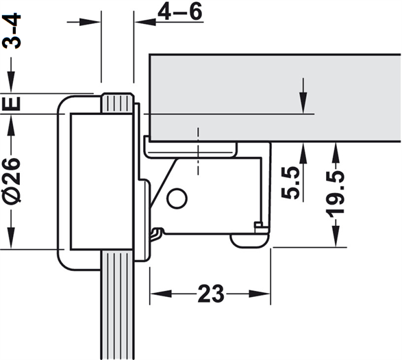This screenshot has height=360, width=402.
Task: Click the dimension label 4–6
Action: [180, 12]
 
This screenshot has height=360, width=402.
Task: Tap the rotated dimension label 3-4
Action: [12, 31]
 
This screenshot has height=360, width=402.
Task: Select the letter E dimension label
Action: [12, 103]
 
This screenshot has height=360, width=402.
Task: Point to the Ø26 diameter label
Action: [12, 180]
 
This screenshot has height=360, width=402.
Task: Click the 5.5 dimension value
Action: [290, 183]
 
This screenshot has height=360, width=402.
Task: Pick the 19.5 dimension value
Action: [335, 194]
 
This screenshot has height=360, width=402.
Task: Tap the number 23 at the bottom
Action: [211, 294]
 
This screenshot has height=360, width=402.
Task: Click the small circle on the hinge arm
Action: [177, 198]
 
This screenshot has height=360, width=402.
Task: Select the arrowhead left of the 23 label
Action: [161, 294]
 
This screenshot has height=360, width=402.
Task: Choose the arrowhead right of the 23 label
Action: [260, 294]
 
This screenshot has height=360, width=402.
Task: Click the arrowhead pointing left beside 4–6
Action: [146, 22]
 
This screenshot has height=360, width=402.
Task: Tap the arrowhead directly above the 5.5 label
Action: [303, 153]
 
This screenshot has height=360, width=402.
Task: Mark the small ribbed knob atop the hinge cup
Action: [118, 103]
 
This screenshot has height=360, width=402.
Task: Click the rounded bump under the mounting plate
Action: [249, 241]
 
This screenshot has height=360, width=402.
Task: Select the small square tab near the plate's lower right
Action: [258, 227]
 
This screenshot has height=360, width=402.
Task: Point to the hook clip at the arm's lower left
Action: [157, 234]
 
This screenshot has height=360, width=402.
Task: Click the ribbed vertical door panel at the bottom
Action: [118, 305]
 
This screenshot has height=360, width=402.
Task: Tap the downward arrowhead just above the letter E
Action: [11, 82]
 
